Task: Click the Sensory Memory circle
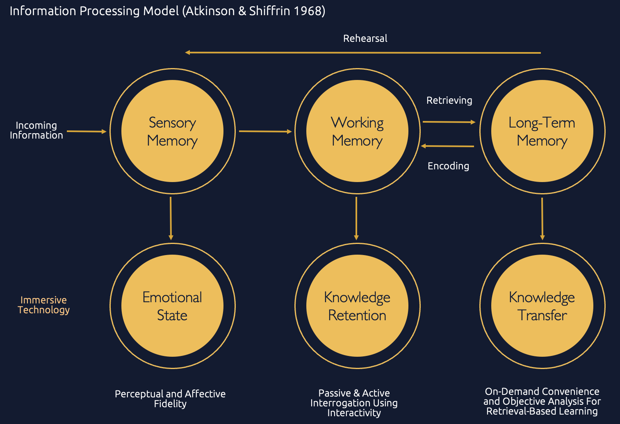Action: [172, 131]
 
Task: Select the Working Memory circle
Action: [357, 131]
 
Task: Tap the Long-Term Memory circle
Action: [542, 131]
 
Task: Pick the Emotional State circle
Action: [172, 306]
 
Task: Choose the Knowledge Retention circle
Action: [357, 306]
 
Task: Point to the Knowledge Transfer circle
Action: [542, 306]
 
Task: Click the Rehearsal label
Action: [365, 39]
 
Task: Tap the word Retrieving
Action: [449, 100]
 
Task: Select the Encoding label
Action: [448, 166]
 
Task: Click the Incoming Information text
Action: [36, 130]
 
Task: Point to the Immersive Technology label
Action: [43, 305]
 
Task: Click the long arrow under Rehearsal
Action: [363, 52]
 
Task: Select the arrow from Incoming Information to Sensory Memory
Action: [87, 132]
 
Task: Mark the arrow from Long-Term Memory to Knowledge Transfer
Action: [542, 219]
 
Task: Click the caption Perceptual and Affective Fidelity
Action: [170, 399]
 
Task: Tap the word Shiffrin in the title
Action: [267, 11]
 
